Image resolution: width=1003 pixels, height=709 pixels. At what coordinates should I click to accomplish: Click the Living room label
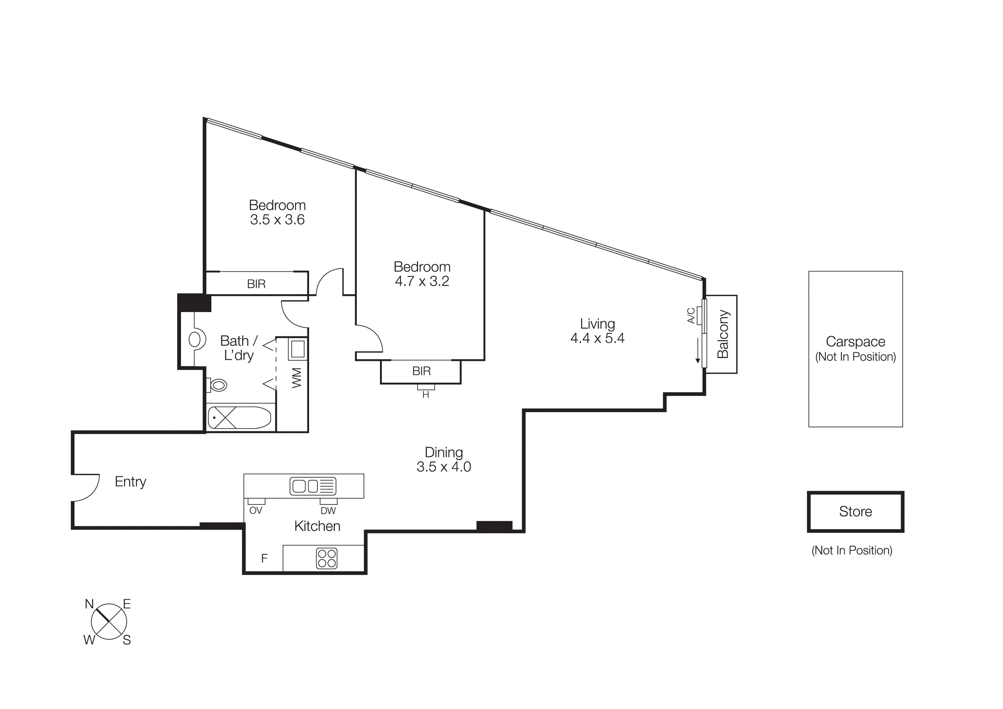click(597, 324)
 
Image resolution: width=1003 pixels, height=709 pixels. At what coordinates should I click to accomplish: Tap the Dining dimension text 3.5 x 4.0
click(443, 467)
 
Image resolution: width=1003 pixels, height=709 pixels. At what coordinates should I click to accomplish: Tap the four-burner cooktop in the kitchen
click(327, 558)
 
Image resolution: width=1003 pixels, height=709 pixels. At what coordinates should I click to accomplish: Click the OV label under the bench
click(256, 511)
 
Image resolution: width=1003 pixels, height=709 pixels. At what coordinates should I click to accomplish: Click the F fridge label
click(264, 558)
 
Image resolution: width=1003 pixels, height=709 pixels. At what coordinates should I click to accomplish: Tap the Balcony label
click(723, 334)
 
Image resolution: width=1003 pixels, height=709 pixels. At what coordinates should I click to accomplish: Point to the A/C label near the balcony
click(691, 315)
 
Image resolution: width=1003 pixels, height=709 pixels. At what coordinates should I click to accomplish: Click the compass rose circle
click(109, 622)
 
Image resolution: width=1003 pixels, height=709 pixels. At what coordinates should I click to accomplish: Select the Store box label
click(855, 512)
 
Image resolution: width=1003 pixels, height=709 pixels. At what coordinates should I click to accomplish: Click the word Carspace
click(855, 341)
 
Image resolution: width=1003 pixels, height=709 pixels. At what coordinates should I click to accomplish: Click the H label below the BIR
click(425, 395)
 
